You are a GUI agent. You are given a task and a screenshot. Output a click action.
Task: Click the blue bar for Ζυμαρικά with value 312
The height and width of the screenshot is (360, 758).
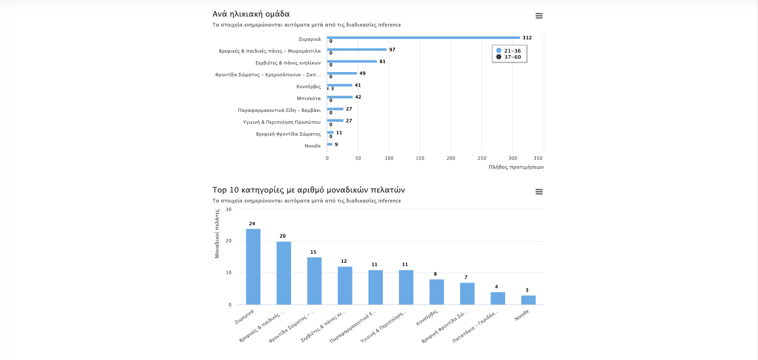[423, 37]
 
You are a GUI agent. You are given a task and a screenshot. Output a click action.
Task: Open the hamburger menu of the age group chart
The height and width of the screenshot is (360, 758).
[539, 16]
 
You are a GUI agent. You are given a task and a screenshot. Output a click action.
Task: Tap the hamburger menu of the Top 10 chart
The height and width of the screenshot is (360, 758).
[539, 192]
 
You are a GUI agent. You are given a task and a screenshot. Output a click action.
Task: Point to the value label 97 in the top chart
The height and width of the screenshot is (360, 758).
[392, 50]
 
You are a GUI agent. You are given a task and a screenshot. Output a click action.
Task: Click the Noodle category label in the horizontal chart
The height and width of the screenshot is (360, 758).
[312, 146]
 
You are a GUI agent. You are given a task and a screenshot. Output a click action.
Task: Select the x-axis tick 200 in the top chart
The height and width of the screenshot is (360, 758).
[451, 158]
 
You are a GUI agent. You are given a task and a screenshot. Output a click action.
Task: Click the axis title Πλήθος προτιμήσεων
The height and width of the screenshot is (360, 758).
[516, 167]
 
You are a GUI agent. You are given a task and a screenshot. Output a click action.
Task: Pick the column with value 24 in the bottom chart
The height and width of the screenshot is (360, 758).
[253, 267]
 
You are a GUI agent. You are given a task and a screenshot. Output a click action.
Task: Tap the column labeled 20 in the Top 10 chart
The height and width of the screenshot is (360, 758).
[284, 273]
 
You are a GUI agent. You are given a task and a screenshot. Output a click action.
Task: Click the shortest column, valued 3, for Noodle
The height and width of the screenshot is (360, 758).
[528, 300]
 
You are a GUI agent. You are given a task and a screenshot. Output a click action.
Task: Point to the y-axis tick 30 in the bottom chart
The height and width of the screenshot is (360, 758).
[229, 210]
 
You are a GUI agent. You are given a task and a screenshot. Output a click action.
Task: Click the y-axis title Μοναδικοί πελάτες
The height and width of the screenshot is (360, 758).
[217, 234]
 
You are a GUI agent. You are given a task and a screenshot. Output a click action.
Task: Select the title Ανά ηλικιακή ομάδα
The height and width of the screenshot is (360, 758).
[251, 14]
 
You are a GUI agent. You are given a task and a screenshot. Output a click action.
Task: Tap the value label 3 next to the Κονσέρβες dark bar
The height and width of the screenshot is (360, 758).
[333, 89]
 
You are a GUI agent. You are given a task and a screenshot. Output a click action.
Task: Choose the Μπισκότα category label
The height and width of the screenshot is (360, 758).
[309, 99]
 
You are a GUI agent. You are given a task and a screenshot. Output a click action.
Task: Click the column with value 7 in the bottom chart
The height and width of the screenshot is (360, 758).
[467, 294]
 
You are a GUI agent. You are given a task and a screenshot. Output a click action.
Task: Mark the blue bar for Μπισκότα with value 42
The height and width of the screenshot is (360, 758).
[340, 97]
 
